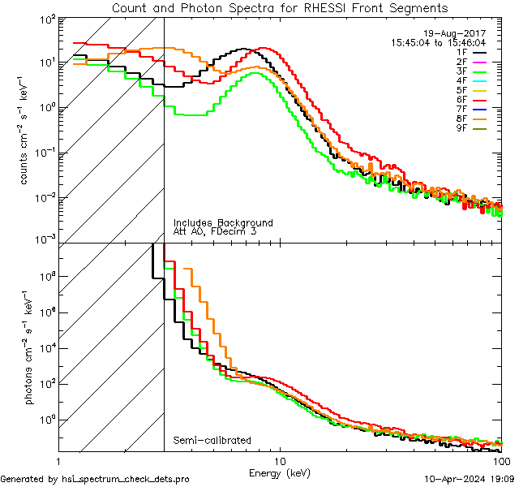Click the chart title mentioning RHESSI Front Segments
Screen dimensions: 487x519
point(280,7)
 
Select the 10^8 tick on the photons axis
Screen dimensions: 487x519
point(46,277)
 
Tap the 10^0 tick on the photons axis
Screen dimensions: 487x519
point(46,420)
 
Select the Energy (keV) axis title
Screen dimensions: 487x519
point(280,472)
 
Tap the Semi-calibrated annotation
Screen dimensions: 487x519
point(212,440)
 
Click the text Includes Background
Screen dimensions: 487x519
point(222,222)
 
